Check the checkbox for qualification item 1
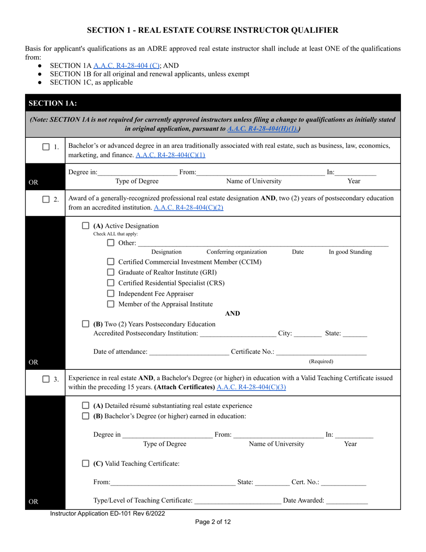pyautogui.click(x=46, y=147)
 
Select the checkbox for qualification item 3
pyautogui.click(x=46, y=379)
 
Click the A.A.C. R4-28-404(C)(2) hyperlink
pyautogui.click(x=188, y=207)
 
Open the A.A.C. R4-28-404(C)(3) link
pyautogui.click(x=251, y=387)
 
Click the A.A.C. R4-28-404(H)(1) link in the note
pyautogui.click(x=264, y=129)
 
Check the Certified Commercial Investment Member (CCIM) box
pyautogui.click(x=111, y=262)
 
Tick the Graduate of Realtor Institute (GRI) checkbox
pyautogui.click(x=111, y=272)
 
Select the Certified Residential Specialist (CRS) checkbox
pyautogui.click(x=111, y=283)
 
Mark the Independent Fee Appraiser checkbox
pyautogui.click(x=111, y=294)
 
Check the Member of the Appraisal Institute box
pyautogui.click(x=111, y=304)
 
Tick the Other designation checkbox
pyautogui.click(x=111, y=243)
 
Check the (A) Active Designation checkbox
pyautogui.click(x=86, y=226)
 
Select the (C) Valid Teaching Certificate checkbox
pyautogui.click(x=86, y=464)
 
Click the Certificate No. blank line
pyautogui.click(x=321, y=352)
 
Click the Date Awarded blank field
pyautogui.click(x=347, y=500)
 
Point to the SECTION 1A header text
pyautogui.click(x=52, y=103)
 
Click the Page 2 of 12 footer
pyautogui.click(x=213, y=522)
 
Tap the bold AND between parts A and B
pyautogui.click(x=232, y=314)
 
